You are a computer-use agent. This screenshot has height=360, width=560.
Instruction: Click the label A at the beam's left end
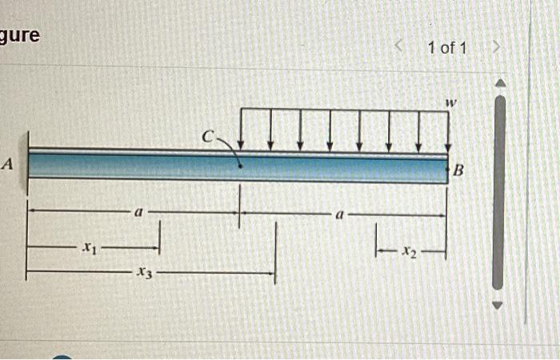8,164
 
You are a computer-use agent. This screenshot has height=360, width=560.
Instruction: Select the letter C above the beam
208,137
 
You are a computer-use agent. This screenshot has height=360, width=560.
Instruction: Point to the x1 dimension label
89,248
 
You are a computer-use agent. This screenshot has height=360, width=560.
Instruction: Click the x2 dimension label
410,252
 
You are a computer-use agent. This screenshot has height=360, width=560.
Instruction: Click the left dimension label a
138,213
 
